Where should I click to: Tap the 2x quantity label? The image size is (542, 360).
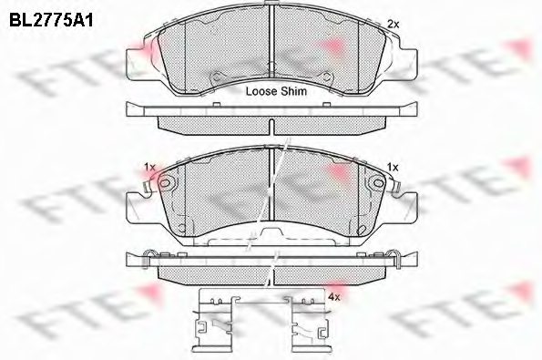pos(394,24)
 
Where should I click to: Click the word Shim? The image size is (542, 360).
pos(294,92)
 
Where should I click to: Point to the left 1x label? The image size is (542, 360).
pos(150,167)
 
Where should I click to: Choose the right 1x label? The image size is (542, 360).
pos(394,167)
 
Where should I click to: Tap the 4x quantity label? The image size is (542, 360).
pos(333,297)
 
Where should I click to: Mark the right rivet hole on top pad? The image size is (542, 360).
pos(333,77)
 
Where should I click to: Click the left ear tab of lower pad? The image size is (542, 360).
pos(137,194)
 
